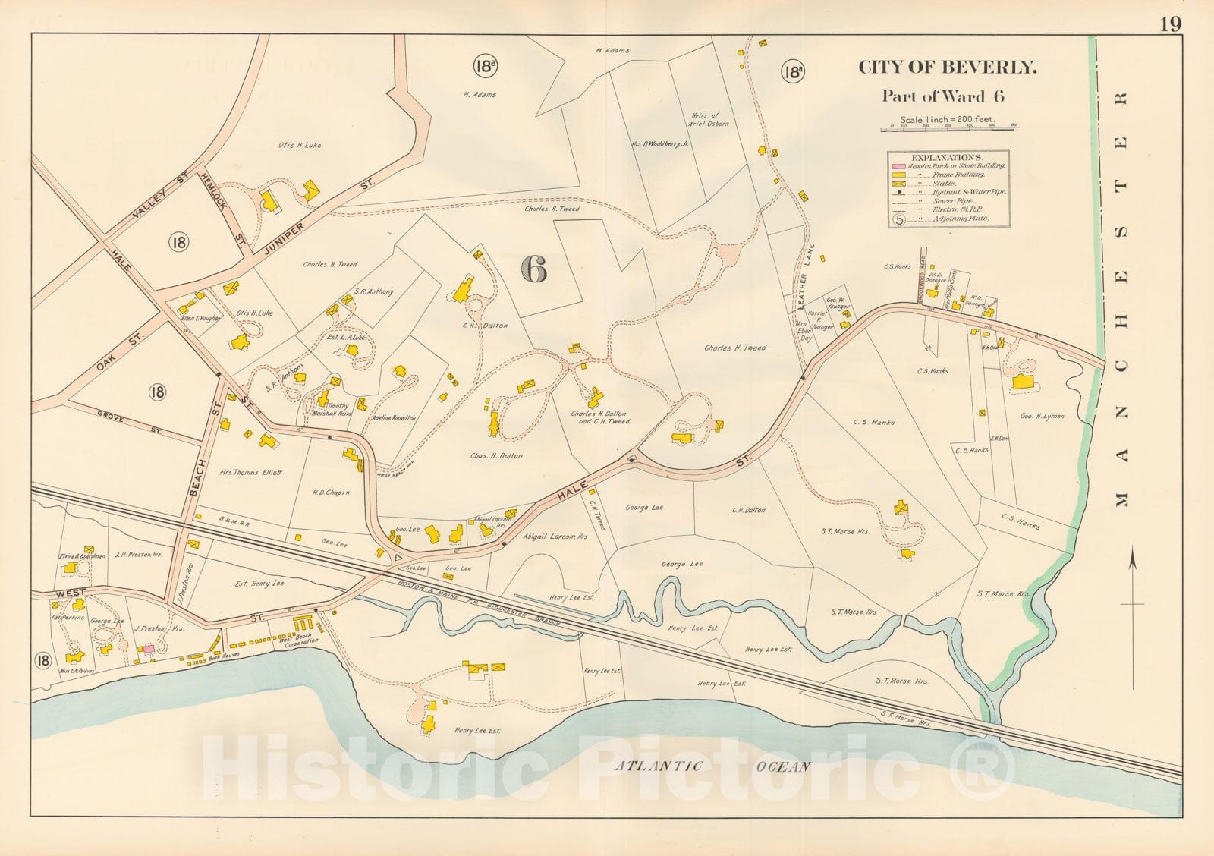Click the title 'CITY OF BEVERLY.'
coord(947,67)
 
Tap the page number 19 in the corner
coord(1170,24)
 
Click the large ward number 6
coord(534,269)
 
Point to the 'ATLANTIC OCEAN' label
coord(711,766)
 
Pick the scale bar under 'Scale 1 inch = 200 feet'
coord(948,130)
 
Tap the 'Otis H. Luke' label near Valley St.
coord(300,145)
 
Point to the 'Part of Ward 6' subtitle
coord(942,96)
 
